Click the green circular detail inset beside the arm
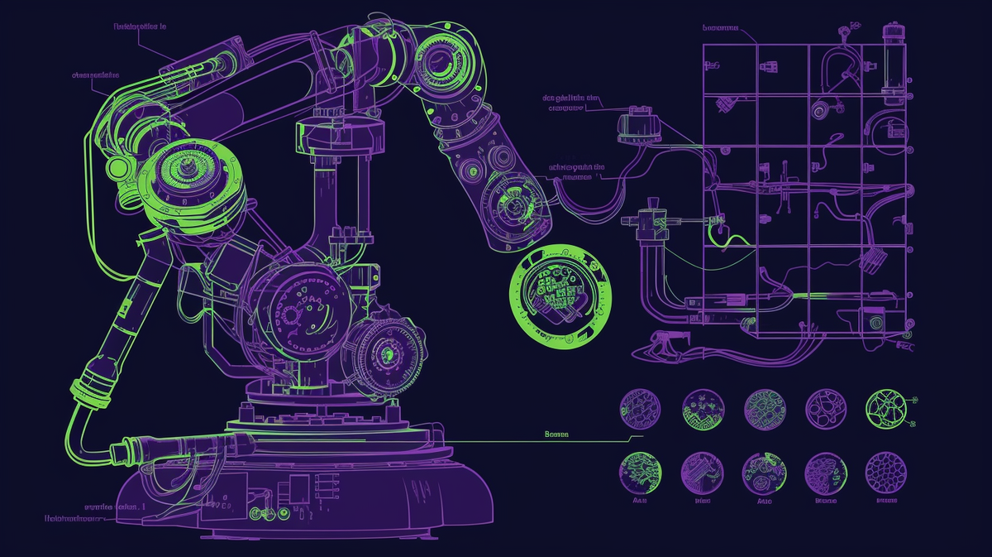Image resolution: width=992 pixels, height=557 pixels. (x=561, y=291)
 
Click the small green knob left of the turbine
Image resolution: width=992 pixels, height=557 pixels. (x=118, y=168)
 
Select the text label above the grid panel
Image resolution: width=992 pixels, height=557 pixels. (x=720, y=27)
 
